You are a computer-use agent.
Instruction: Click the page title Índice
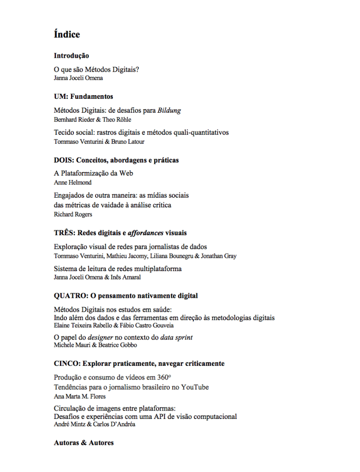click(x=67, y=35)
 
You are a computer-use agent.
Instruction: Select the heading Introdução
click(x=72, y=56)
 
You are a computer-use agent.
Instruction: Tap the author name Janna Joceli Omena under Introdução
click(x=78, y=78)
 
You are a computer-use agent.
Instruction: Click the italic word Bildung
click(x=169, y=110)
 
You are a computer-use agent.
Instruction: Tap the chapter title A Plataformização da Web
click(x=94, y=174)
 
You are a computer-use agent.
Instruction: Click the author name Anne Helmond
click(x=73, y=182)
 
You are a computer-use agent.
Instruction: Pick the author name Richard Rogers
click(x=73, y=214)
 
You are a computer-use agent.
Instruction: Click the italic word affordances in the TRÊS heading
click(x=145, y=233)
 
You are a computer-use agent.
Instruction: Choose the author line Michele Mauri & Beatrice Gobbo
click(x=95, y=345)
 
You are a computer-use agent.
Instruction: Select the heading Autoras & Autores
click(x=84, y=443)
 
